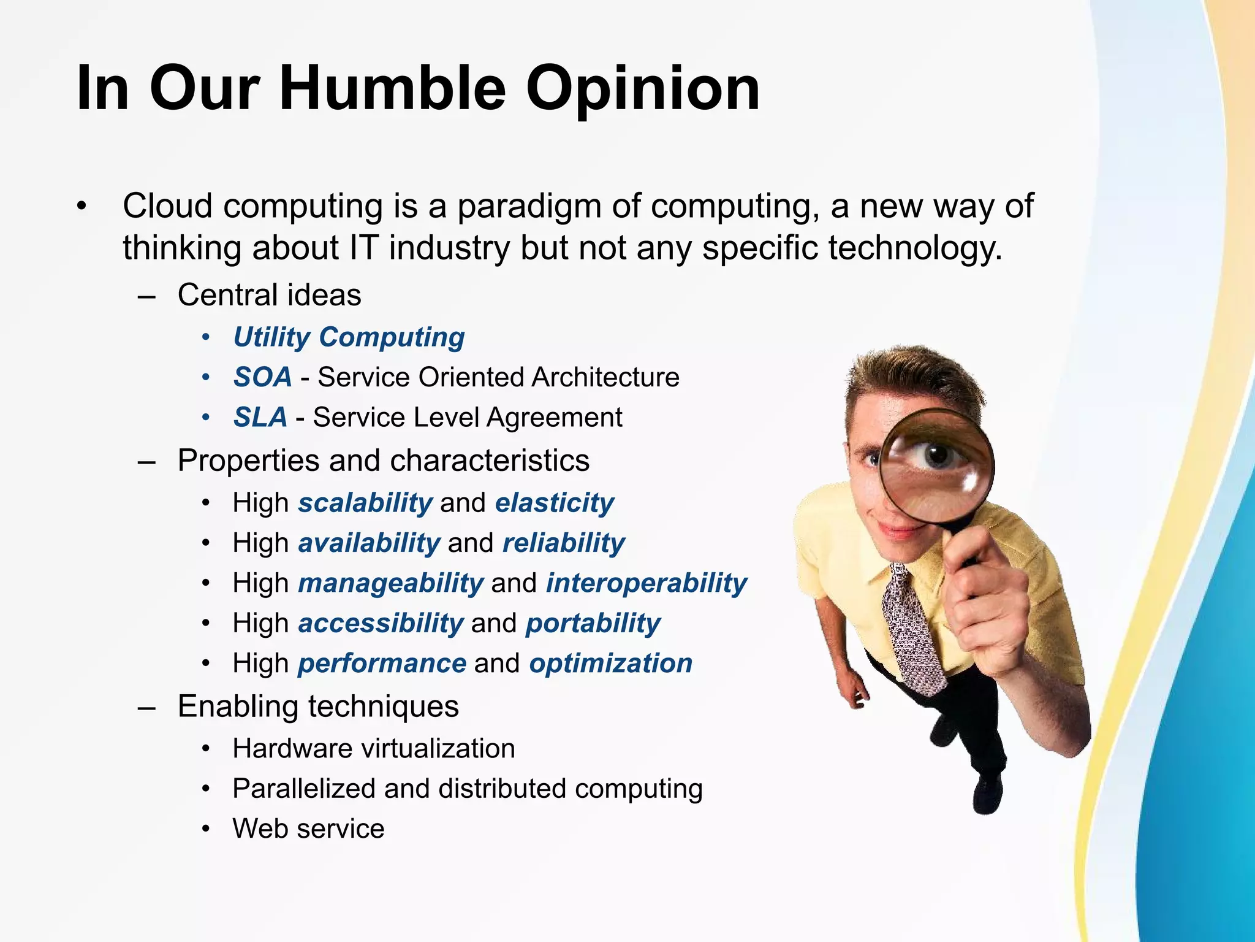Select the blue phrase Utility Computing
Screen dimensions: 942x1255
(x=349, y=337)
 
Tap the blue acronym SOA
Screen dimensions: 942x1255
(x=262, y=377)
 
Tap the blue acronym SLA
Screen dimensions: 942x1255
(x=260, y=418)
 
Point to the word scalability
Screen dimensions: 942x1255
(x=365, y=503)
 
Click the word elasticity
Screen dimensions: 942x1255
(x=554, y=503)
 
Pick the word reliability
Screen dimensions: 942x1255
(x=563, y=543)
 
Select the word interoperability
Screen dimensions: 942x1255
(x=646, y=583)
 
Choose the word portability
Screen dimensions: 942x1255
(x=593, y=624)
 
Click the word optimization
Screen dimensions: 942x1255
(x=610, y=664)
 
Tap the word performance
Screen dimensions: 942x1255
(x=382, y=664)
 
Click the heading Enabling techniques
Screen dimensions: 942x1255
(x=317, y=706)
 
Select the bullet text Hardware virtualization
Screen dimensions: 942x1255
(x=373, y=749)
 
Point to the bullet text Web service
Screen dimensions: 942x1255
(x=308, y=829)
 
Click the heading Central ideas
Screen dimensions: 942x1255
(x=269, y=295)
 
